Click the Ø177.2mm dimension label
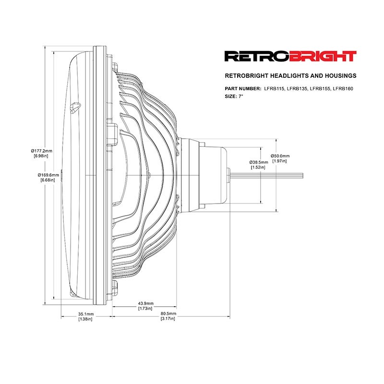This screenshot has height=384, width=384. [41, 151]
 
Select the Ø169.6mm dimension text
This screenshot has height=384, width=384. [48, 175]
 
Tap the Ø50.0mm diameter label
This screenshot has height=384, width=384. [280, 156]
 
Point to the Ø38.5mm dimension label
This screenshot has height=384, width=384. [259, 162]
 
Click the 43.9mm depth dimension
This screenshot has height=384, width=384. [146, 303]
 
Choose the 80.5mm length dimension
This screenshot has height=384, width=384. [168, 313]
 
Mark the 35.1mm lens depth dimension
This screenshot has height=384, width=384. [86, 314]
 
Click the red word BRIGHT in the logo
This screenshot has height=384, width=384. [323, 56]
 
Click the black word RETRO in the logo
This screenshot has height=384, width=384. [257, 56]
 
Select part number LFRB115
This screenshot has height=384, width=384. [274, 89]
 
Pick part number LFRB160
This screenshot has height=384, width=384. [343, 89]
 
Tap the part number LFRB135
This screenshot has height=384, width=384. [297, 89]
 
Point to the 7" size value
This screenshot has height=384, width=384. [240, 96]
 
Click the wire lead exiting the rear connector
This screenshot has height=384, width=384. [267, 175]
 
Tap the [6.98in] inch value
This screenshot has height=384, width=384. [41, 156]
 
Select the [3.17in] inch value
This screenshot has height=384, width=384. [168, 319]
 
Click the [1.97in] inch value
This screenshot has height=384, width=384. [279, 161]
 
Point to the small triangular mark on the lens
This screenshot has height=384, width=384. [75, 108]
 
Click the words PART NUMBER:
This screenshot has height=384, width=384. [243, 89]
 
